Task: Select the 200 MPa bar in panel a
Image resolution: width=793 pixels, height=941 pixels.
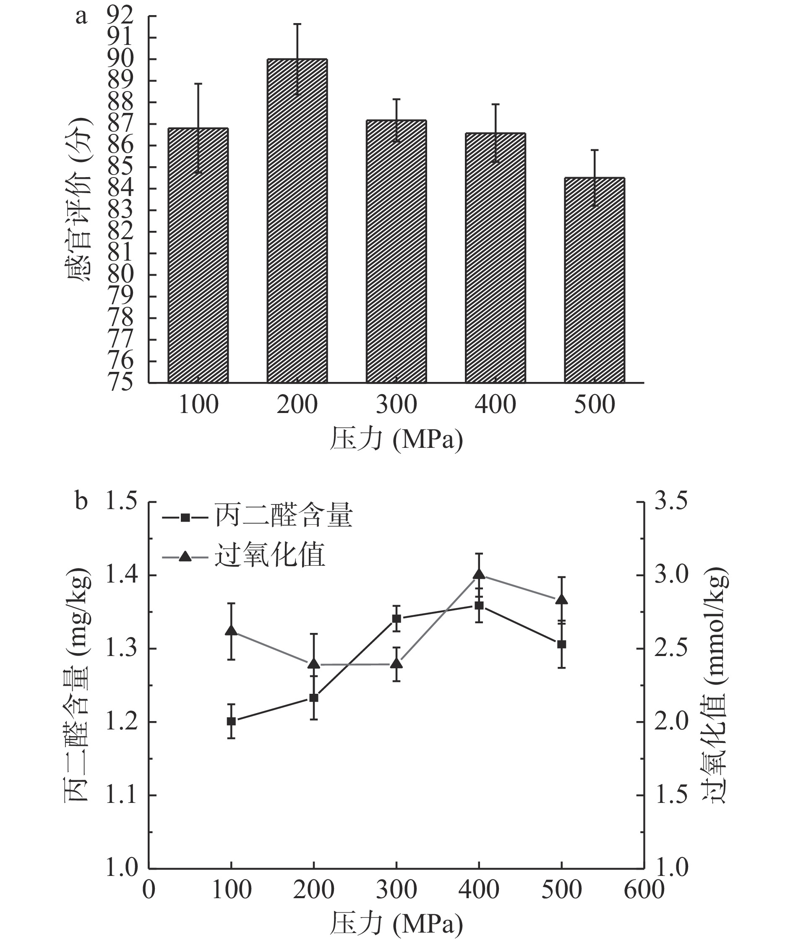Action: pos(297,220)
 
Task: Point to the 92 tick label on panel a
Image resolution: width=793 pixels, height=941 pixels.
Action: pos(120,16)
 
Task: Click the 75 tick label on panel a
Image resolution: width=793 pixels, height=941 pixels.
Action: pos(120,382)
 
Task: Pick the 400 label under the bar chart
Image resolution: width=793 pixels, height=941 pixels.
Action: pos(495,405)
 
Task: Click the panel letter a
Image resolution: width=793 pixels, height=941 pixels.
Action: pos(81,17)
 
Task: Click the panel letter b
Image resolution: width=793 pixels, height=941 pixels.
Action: pos(81,502)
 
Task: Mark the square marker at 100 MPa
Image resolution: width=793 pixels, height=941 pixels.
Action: pos(231,721)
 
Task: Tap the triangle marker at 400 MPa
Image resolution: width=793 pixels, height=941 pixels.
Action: pos(479,574)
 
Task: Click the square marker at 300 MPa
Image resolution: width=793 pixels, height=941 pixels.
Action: pos(396,619)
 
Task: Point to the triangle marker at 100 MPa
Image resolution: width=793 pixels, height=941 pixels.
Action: pos(231,630)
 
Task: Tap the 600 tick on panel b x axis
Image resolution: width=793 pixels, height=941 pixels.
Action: pos(644,889)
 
